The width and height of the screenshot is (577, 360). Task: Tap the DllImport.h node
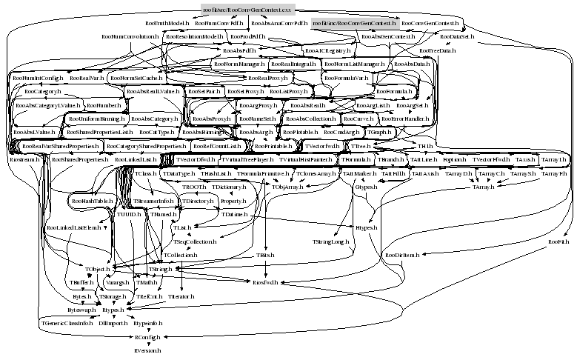tap(113, 324)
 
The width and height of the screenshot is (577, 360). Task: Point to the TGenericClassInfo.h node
tap(67, 324)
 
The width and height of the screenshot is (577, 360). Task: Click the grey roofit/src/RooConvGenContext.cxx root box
tap(249, 10)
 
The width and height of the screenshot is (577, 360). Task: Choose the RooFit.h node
tap(558, 242)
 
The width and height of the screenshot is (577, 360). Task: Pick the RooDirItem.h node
tap(403, 256)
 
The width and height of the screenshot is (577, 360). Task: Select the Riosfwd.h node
tap(264, 282)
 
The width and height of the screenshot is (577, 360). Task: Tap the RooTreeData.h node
tap(437, 50)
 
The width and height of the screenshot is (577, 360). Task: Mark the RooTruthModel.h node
tap(167, 24)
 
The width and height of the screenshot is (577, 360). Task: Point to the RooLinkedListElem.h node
tap(73, 227)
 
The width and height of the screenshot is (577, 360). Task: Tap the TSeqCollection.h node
tap(195, 241)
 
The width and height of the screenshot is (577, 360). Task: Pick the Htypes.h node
tap(364, 228)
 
